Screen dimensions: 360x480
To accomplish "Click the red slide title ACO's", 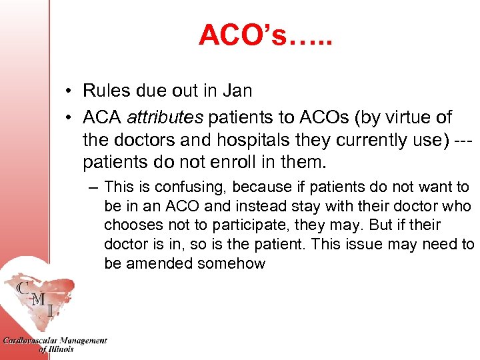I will [x=265, y=35].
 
